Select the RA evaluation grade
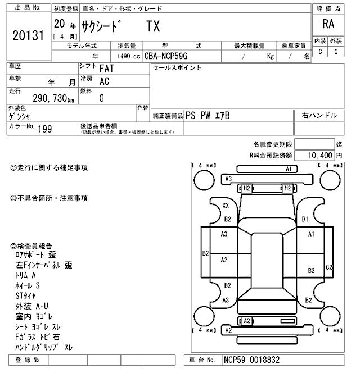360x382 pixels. point(328,24)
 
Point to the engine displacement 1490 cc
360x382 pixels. point(128,56)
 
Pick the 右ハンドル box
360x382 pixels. point(319,115)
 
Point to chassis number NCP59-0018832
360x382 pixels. point(251,360)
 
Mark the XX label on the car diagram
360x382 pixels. point(226,206)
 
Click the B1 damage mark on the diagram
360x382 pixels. point(305,219)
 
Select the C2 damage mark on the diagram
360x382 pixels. point(330,267)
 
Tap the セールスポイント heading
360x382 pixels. point(177,68)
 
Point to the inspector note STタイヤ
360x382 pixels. point(26,295)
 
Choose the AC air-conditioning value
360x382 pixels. point(105,81)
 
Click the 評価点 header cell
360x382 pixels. point(328,8)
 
